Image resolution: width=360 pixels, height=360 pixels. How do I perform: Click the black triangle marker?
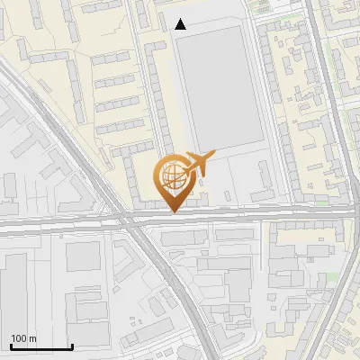[181, 24]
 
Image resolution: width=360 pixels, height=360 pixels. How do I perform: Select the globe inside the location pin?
[172, 175]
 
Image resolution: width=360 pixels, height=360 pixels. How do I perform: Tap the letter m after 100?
[33, 338]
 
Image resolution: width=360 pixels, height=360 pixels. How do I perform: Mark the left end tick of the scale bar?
[10, 346]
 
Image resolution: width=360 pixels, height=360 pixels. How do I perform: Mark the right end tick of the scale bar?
[72, 346]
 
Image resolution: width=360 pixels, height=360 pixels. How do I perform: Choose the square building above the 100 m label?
[83, 256]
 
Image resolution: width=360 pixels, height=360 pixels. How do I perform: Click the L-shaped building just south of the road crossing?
[126, 256]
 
